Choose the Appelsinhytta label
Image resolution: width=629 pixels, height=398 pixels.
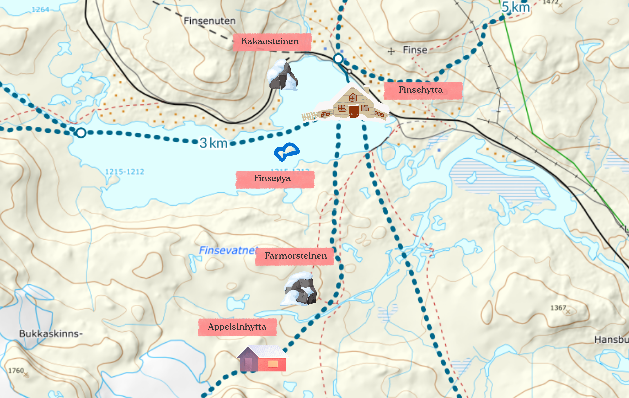237,327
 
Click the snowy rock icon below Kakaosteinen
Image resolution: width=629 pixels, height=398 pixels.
282,75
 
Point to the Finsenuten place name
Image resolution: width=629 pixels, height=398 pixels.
210,21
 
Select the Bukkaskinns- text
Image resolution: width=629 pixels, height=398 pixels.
51,334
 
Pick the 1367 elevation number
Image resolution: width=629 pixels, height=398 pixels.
558,308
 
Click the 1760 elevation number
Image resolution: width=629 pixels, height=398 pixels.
16,371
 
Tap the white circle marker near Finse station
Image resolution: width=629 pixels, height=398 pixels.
338,59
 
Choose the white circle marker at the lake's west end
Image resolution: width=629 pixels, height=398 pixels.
81,133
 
